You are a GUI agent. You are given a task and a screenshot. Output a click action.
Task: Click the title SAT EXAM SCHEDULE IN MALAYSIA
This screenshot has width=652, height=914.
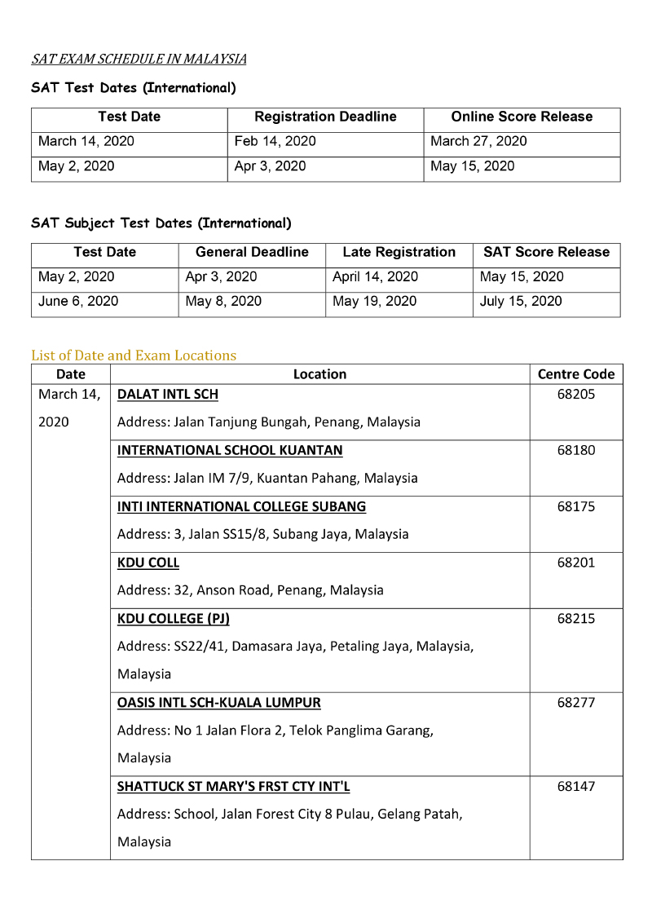click(139, 59)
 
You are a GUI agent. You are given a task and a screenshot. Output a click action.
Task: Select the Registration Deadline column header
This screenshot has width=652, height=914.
click(325, 117)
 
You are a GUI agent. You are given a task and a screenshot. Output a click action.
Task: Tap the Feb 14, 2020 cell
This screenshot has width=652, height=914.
click(275, 141)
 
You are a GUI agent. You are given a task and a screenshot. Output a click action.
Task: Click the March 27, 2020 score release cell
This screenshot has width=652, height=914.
click(478, 141)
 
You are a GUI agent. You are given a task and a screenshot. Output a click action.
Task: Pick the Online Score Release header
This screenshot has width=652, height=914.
click(522, 117)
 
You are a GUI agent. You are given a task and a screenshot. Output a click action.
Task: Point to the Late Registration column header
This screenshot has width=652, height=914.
click(399, 252)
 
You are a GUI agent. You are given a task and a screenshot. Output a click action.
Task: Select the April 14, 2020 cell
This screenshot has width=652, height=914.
click(375, 276)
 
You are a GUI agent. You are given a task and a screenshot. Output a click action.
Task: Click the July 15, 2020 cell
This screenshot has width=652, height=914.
click(521, 301)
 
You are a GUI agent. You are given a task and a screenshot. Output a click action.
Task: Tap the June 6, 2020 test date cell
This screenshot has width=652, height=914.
click(78, 301)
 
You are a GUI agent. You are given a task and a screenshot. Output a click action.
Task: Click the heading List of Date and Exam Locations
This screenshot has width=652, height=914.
click(134, 355)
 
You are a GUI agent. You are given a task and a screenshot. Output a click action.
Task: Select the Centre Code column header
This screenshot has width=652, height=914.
click(576, 374)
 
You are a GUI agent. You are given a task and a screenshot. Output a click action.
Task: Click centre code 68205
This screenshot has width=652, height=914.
click(576, 395)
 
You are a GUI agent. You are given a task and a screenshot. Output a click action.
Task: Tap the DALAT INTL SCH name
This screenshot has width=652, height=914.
click(168, 395)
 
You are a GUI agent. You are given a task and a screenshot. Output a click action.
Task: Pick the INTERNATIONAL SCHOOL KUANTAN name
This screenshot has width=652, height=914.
click(230, 450)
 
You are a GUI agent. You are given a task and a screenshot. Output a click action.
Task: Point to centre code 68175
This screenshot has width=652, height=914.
click(576, 506)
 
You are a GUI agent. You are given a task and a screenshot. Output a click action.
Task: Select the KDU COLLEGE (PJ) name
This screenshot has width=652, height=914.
click(174, 618)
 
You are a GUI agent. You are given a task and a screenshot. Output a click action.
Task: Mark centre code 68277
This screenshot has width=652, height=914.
click(576, 702)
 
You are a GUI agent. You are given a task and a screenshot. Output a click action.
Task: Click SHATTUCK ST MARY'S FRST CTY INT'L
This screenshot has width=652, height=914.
click(234, 787)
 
